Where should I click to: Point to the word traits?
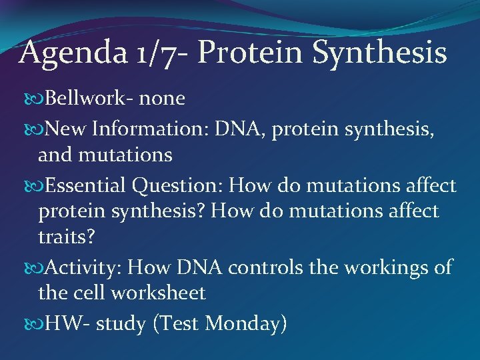(67, 239)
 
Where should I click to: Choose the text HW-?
(64, 323)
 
